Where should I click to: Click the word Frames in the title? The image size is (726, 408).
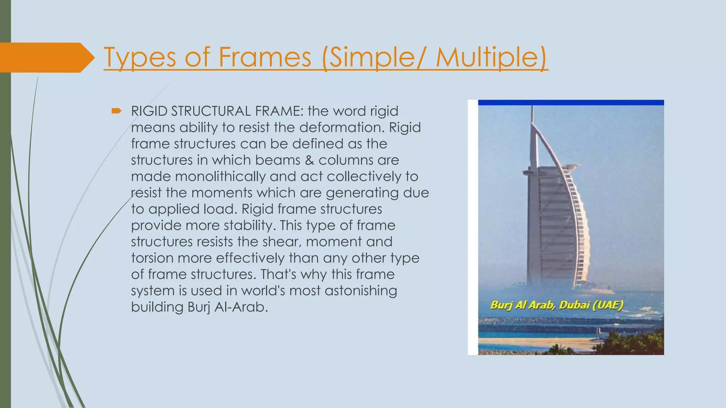tap(264, 57)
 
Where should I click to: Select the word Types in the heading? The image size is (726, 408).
tap(140, 57)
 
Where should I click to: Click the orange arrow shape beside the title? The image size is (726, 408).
tap(46, 57)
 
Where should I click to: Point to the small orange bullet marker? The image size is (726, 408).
tap(116, 111)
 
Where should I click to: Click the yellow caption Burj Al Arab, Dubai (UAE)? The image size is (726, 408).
tap(556, 305)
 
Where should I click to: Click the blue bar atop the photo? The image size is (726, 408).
tap(571, 103)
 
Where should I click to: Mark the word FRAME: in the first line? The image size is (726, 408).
tap(279, 111)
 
